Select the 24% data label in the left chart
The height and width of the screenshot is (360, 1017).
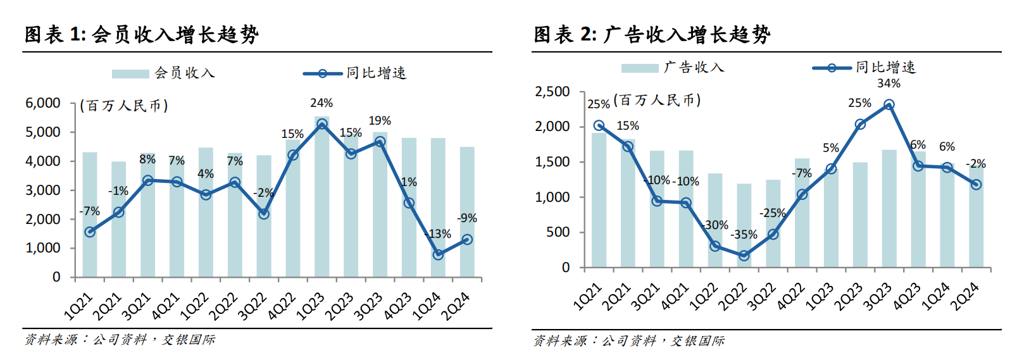pos(321,103)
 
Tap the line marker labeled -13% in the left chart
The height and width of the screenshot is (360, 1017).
pos(438,254)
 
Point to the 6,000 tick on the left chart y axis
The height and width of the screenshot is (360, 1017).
pos(43,103)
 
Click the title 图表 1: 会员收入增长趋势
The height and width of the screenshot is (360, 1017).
pos(142,34)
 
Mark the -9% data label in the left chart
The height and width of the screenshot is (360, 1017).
pos(467,218)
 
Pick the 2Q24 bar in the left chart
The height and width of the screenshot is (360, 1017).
pos(467,212)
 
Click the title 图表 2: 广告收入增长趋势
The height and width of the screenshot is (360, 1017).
pos(652,34)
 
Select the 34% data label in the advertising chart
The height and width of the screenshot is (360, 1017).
pos(889,84)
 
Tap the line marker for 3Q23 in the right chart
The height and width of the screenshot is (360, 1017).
pos(889,105)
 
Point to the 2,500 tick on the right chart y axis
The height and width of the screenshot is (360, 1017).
pos(552,92)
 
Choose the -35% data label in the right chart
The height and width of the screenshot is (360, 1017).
pos(744,235)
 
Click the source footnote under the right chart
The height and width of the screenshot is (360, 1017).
pos(629,341)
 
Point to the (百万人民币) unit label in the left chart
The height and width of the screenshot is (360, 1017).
pos(124,106)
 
